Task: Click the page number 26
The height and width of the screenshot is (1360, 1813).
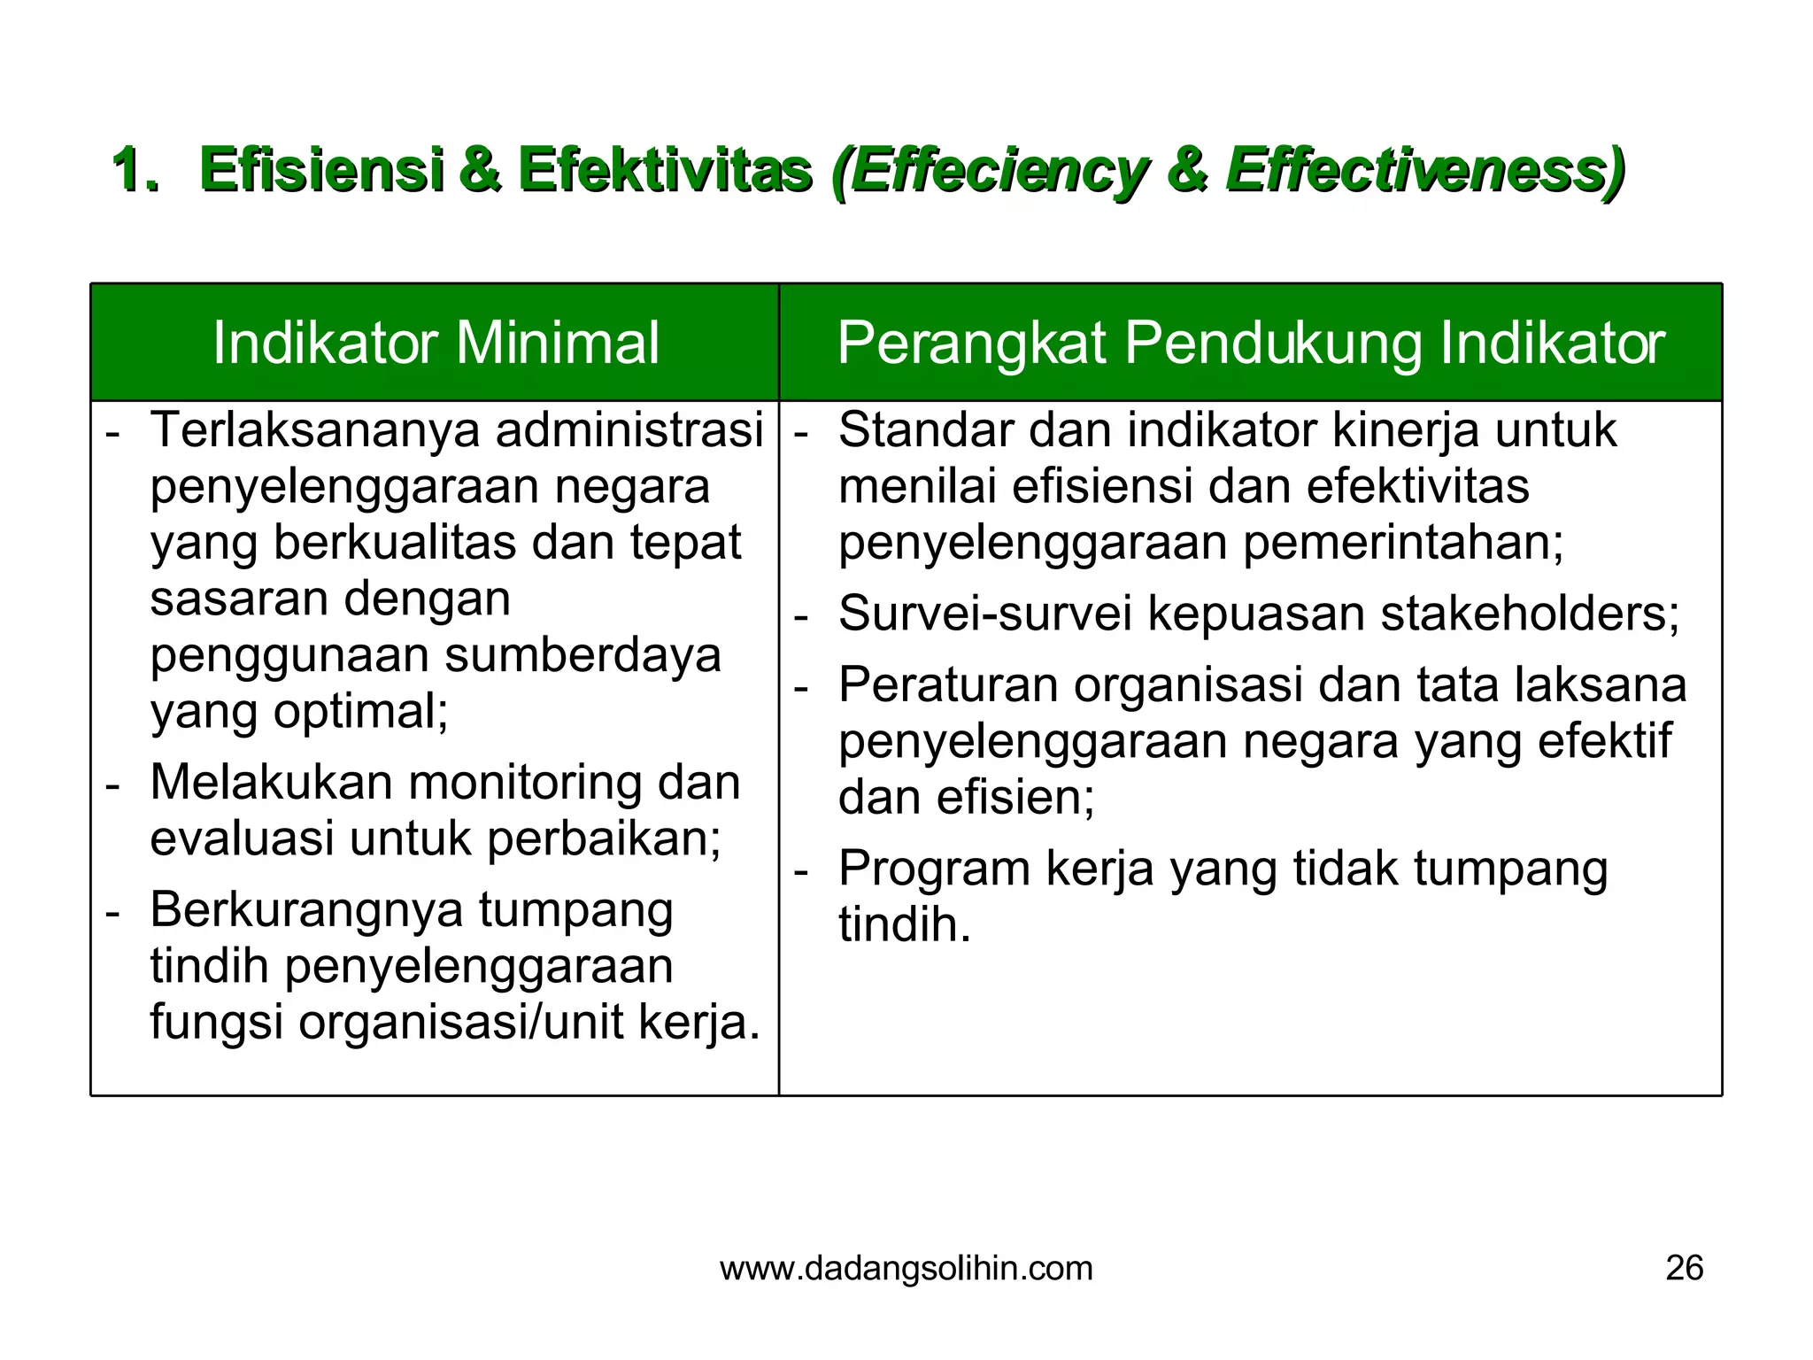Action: pyautogui.click(x=1684, y=1269)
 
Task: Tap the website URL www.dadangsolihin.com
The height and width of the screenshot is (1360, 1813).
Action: pyautogui.click(x=906, y=1269)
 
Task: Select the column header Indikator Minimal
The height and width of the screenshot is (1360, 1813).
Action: pyautogui.click(x=436, y=344)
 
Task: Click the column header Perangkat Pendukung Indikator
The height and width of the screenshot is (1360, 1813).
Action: pyautogui.click(x=1250, y=344)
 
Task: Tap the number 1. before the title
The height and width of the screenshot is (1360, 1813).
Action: pyautogui.click(x=136, y=170)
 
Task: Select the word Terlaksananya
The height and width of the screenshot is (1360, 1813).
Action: pyautogui.click(x=315, y=431)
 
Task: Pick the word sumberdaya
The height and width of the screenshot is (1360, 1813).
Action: pyautogui.click(x=582, y=656)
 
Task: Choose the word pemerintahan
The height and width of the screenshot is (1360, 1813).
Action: pyautogui.click(x=1403, y=543)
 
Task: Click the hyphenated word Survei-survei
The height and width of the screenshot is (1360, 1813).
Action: pyautogui.click(x=984, y=614)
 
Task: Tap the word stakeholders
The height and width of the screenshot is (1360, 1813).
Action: pyautogui.click(x=1529, y=614)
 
